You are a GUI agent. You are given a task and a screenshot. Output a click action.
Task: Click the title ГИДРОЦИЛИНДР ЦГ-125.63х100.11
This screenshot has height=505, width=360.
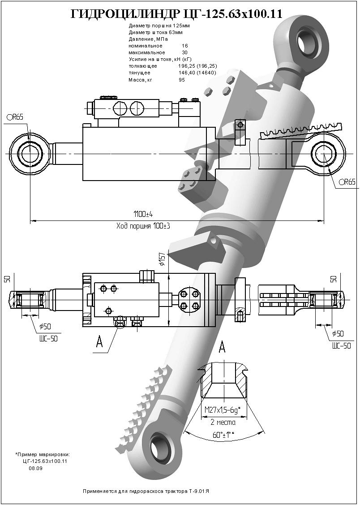(x=177, y=14)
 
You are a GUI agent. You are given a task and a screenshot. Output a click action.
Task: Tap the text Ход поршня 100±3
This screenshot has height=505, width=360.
(x=143, y=226)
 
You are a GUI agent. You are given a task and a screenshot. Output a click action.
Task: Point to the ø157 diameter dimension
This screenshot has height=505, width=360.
(x=162, y=259)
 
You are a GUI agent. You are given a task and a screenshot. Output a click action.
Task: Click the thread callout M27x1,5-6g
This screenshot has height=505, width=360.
(x=223, y=410)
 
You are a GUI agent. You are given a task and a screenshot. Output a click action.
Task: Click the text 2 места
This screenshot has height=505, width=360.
(x=223, y=422)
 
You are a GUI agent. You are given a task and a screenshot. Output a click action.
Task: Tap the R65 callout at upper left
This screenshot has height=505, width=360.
(x=15, y=117)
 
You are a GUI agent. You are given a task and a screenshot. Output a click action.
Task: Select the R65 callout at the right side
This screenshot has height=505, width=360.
(x=347, y=182)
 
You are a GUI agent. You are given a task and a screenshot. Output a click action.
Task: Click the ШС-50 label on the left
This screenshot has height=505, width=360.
(x=48, y=339)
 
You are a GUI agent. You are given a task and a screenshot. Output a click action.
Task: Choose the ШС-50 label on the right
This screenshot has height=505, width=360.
(x=341, y=345)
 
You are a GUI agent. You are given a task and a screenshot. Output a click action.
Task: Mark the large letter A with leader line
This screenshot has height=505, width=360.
(x=99, y=343)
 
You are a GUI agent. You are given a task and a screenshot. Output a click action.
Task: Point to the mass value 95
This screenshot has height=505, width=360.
(x=182, y=80)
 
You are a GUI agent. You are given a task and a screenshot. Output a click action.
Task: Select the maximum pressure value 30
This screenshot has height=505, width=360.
(x=184, y=52)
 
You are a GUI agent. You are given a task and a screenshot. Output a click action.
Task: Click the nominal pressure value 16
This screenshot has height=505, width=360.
(x=184, y=46)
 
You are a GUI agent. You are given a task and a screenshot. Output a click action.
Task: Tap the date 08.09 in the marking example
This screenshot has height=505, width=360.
(x=36, y=468)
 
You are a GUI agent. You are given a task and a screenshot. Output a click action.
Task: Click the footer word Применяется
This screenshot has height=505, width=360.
(x=97, y=491)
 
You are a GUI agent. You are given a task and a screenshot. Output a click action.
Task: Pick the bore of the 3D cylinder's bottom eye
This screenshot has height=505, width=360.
(x=160, y=446)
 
